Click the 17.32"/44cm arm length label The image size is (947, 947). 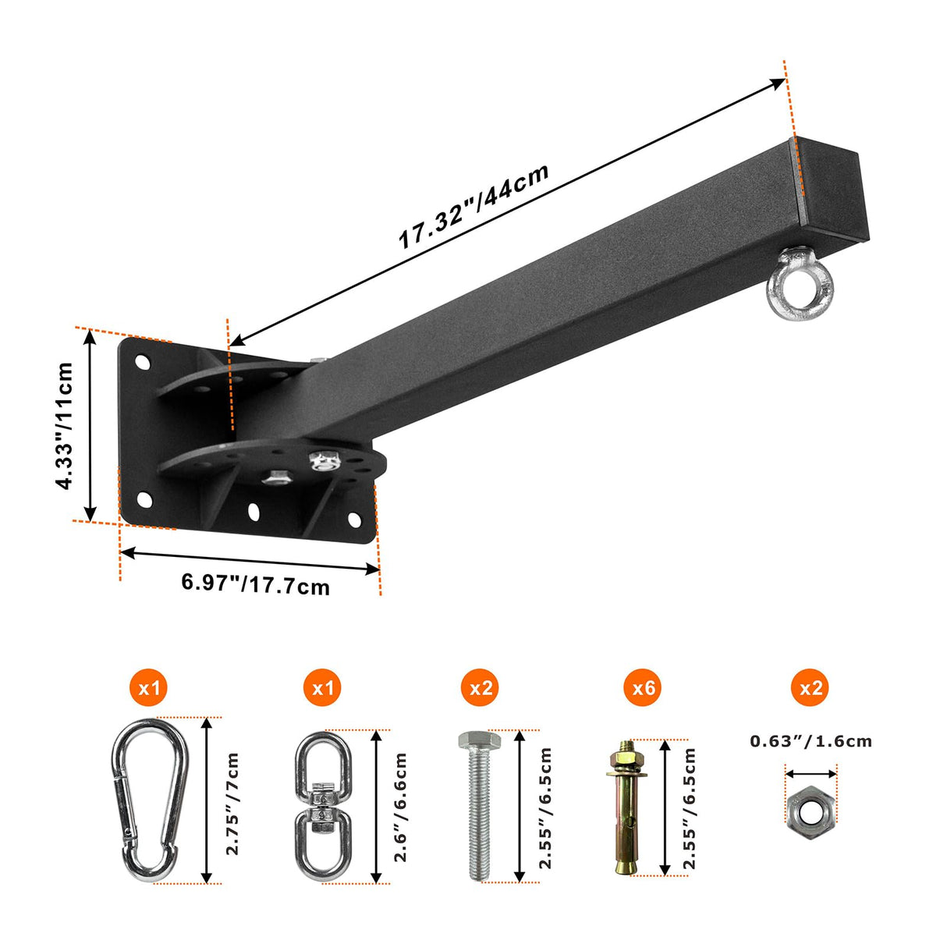[x=473, y=206]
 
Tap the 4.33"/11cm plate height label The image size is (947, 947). [x=64, y=426]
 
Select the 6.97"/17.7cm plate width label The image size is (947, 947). [x=256, y=584]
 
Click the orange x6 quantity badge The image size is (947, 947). [x=644, y=687]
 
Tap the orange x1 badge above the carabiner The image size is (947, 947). [x=149, y=687]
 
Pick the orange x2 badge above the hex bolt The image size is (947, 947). [x=481, y=687]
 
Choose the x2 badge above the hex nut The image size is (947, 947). [x=810, y=687]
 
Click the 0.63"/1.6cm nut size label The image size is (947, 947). [x=810, y=754]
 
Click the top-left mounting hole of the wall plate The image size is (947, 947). [x=143, y=362]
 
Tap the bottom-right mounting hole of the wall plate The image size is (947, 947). [x=354, y=519]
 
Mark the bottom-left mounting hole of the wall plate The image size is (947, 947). [x=144, y=500]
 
